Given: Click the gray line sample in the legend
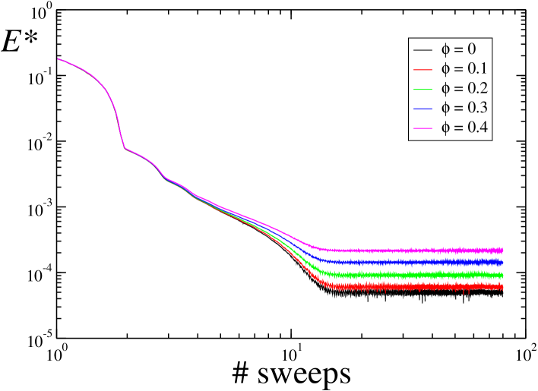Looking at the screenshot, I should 422,50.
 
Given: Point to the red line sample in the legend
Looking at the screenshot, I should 422,70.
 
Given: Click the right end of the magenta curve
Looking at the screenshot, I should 503,250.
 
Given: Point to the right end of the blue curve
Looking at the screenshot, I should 503,262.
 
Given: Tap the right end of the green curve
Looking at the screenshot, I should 503,275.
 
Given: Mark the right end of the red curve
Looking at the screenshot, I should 503,286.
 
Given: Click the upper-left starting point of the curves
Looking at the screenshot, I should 58,58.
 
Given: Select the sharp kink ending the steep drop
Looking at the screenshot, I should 125,148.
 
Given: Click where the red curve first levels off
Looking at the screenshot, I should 325,285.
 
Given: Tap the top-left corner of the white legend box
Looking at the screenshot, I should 409,38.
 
